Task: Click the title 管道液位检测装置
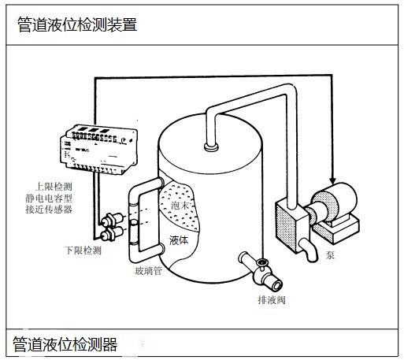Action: pos(77,24)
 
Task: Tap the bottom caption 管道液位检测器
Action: pos(65,344)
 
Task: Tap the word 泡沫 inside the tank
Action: pos(180,206)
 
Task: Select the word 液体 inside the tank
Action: pos(179,239)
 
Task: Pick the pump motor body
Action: pos(332,202)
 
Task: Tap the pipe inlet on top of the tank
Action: pos(210,145)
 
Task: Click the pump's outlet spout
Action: pos(309,251)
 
